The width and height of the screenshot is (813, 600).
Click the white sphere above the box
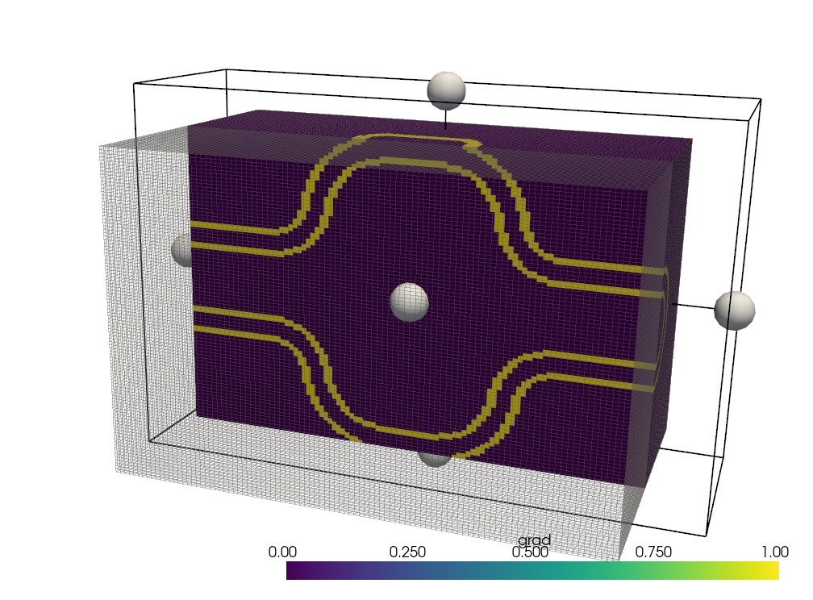pyautogui.click(x=446, y=91)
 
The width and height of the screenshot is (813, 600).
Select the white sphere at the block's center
pyautogui.click(x=409, y=302)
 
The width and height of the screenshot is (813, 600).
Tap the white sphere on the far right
pyautogui.click(x=734, y=310)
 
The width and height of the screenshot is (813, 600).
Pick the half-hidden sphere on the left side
pyautogui.click(x=181, y=250)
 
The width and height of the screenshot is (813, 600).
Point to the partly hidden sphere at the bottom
pyautogui.click(x=435, y=458)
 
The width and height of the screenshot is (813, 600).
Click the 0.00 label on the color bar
pyautogui.click(x=282, y=552)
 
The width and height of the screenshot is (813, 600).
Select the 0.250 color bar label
pyautogui.click(x=407, y=552)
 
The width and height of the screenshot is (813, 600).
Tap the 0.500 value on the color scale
pyautogui.click(x=530, y=552)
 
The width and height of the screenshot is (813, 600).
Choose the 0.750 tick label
pyautogui.click(x=653, y=552)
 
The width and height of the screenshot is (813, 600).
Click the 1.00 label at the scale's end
pyautogui.click(x=774, y=552)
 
